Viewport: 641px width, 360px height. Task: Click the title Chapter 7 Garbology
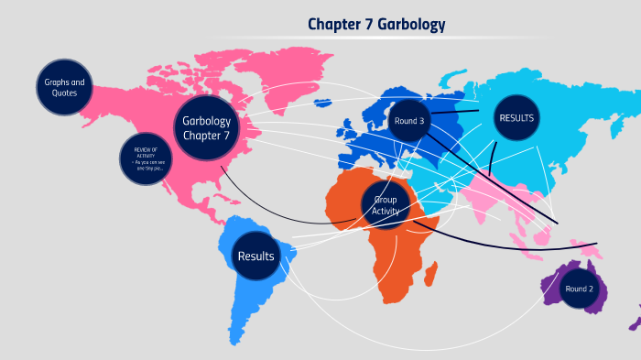click(376, 25)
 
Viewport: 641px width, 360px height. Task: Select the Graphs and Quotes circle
click(65, 88)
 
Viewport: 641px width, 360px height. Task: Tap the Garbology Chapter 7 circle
click(206, 127)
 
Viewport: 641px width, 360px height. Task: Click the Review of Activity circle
click(146, 159)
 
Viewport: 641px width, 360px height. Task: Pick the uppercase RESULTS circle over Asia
click(516, 117)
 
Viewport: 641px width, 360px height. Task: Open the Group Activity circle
click(386, 204)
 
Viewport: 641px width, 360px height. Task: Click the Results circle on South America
click(255, 256)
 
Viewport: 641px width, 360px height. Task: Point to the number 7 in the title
click(364, 25)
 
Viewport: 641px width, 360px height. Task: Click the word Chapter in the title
click(332, 25)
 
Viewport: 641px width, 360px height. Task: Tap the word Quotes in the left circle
click(65, 93)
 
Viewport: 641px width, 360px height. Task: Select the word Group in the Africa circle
click(386, 198)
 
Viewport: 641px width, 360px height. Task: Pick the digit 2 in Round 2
click(592, 289)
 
